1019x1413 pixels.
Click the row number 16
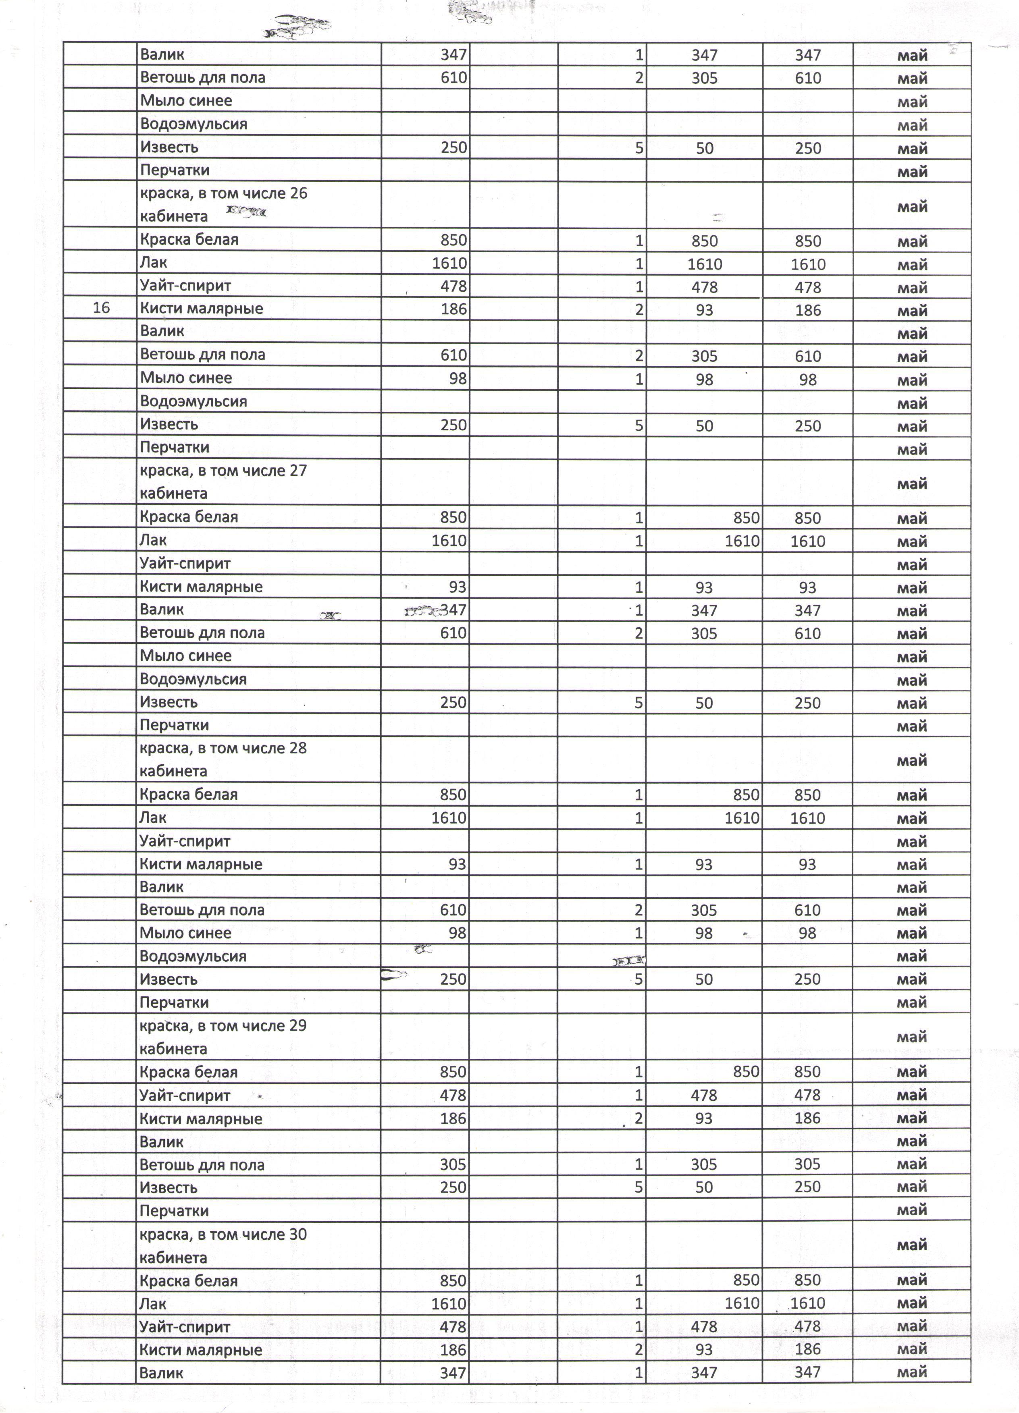pyautogui.click(x=101, y=308)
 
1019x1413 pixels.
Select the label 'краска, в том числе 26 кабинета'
pyautogui.click(x=223, y=204)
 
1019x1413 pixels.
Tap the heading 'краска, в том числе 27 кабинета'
pyautogui.click(x=223, y=481)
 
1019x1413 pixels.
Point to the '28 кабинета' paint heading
pyautogui.click(x=223, y=759)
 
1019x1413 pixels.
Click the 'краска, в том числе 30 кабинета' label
pyautogui.click(x=223, y=1245)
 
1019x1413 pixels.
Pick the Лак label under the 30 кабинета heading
pyautogui.click(x=153, y=1303)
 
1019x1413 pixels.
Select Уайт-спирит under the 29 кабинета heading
pyautogui.click(x=185, y=1095)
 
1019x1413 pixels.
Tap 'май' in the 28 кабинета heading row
pyautogui.click(x=912, y=760)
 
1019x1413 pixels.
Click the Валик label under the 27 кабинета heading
pyautogui.click(x=161, y=609)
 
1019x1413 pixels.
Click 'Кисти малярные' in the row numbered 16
pyautogui.click(x=201, y=308)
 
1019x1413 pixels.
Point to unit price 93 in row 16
pyautogui.click(x=704, y=310)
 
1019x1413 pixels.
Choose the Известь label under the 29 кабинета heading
pyautogui.click(x=169, y=1187)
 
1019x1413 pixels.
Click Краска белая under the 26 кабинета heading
pyautogui.click(x=189, y=239)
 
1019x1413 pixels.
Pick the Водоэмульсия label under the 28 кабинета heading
pyautogui.click(x=193, y=956)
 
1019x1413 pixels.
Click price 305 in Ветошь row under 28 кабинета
pyautogui.click(x=704, y=910)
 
